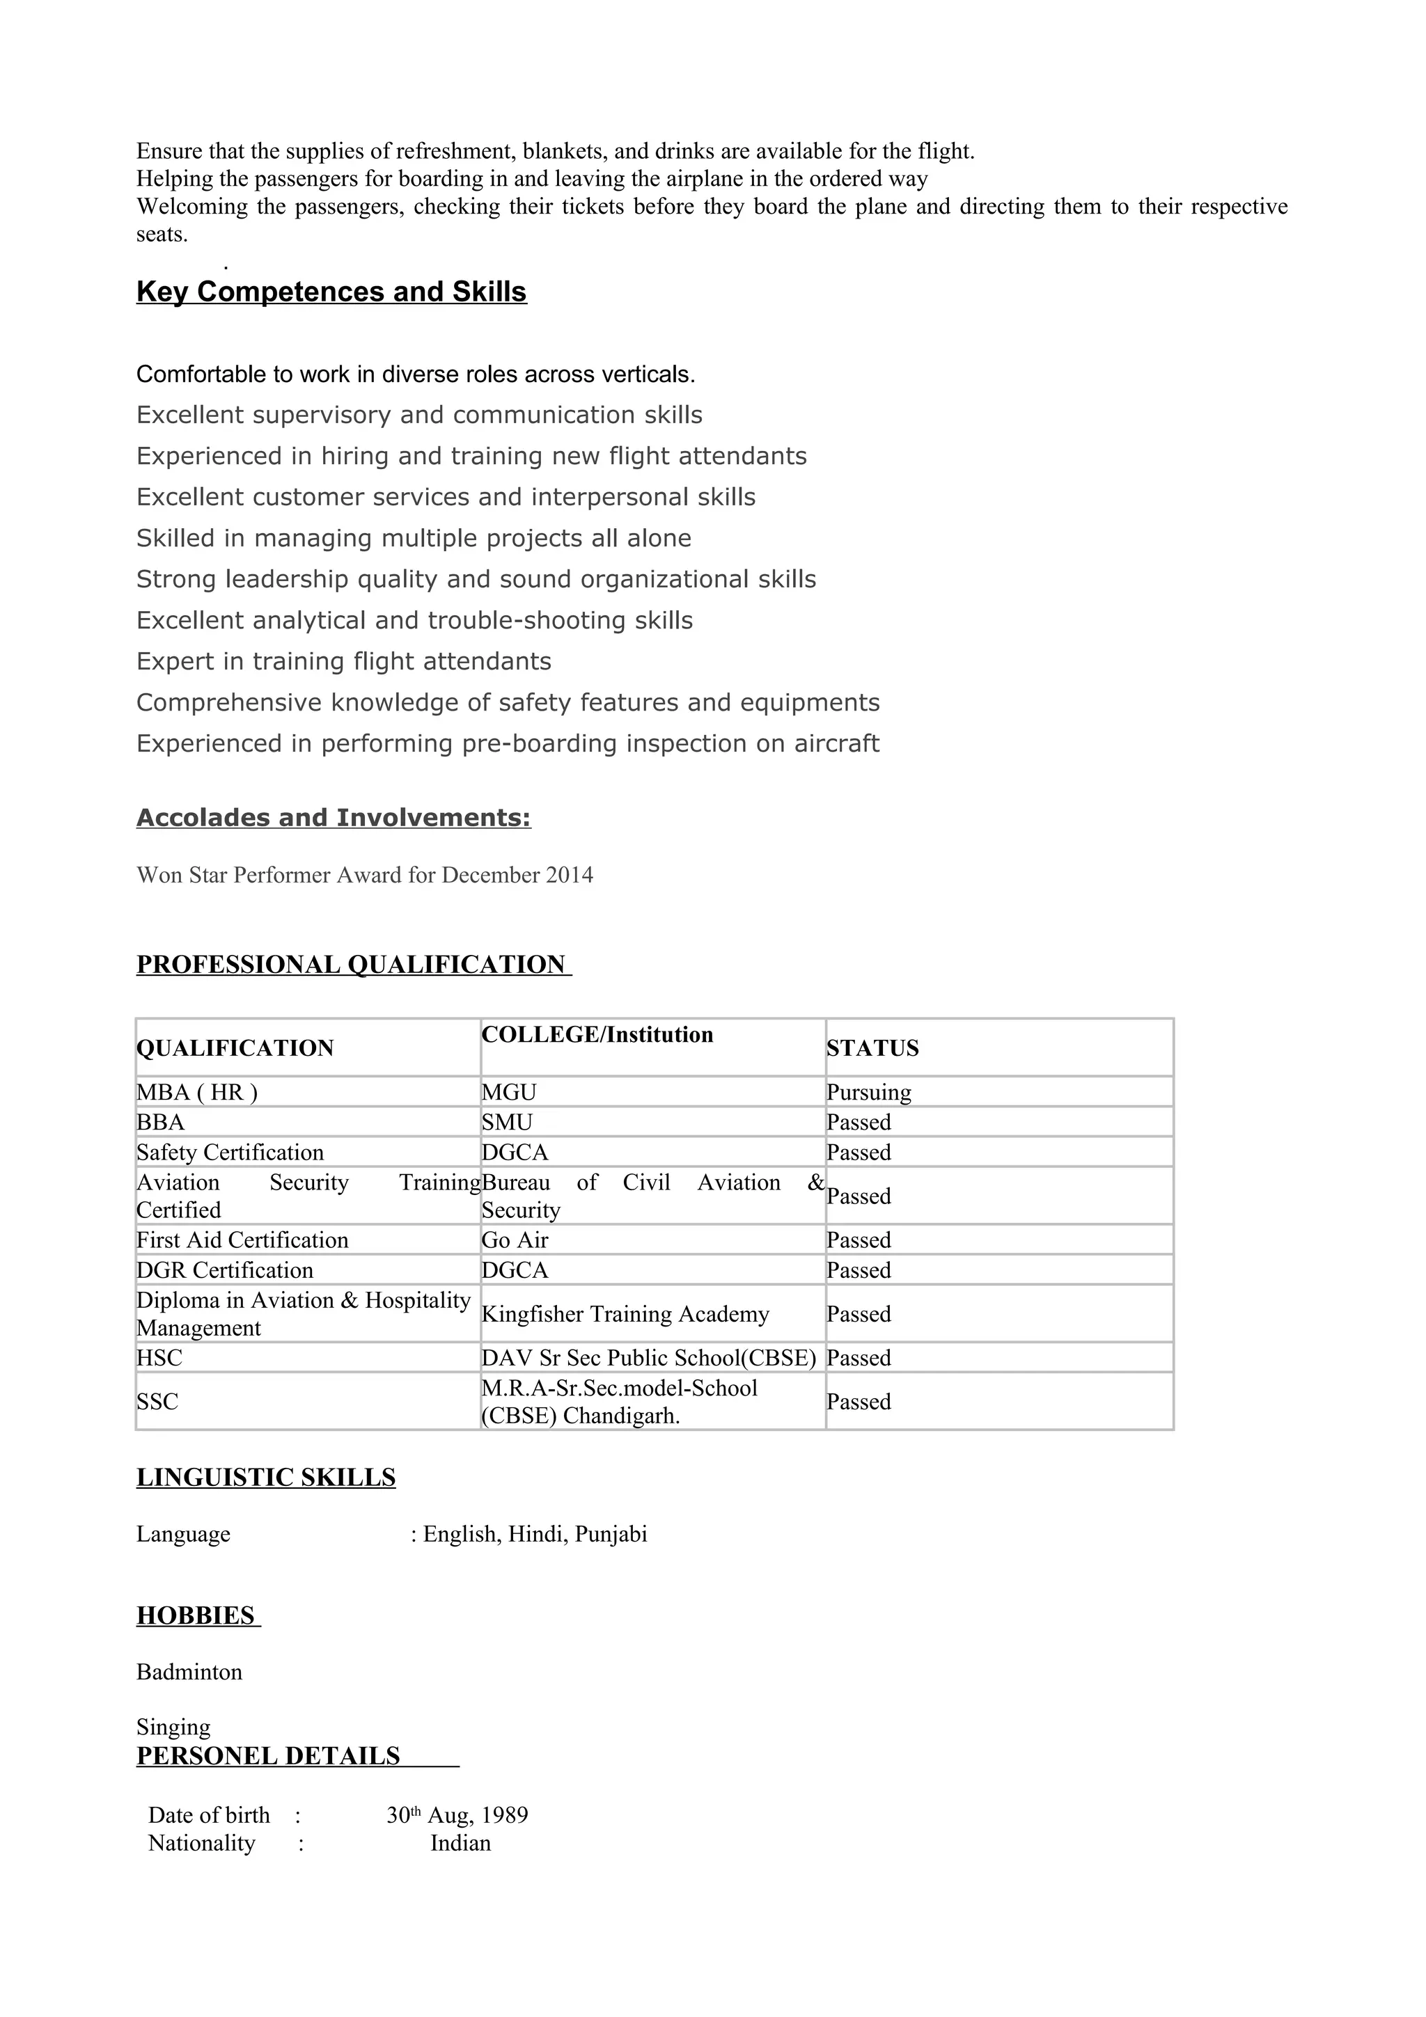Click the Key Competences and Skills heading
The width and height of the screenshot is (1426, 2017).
331,292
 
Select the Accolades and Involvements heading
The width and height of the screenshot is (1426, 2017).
333,818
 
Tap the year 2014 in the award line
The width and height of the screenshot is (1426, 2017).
570,875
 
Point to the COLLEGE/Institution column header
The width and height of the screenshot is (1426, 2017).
597,1035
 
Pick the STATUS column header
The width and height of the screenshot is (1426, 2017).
872,1048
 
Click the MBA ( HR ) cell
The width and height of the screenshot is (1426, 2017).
197,1092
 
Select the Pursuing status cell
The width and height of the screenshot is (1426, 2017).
869,1092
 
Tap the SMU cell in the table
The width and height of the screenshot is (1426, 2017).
507,1122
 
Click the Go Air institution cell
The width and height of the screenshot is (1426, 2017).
515,1240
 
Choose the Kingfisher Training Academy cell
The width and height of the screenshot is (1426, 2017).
625,1313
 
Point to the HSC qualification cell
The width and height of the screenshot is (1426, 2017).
159,1357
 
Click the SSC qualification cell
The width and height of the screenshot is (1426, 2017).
157,1401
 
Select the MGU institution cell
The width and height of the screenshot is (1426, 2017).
509,1092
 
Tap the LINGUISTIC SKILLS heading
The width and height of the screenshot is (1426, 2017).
266,1478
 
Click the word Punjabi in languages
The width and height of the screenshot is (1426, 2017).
611,1534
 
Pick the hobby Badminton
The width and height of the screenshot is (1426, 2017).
189,1672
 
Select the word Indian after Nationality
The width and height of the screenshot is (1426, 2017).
460,1843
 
